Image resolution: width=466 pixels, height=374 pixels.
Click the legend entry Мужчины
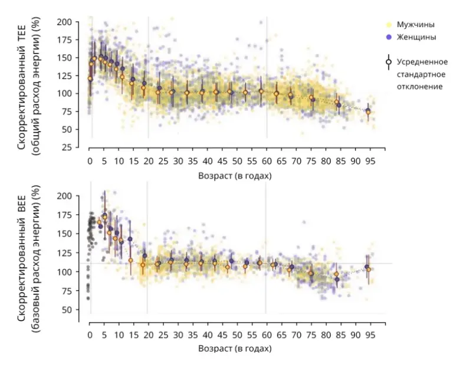(415, 25)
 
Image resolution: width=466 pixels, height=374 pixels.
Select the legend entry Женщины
(416, 37)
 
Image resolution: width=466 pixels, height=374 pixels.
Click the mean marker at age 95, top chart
(368, 111)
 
